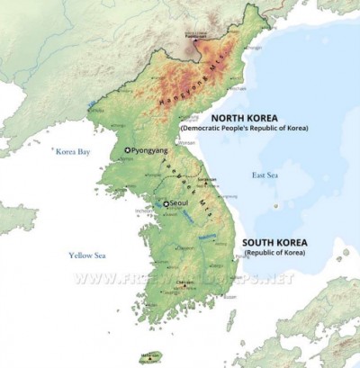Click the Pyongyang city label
(x=152, y=150)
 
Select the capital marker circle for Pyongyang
(x=127, y=150)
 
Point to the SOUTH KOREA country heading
(x=274, y=244)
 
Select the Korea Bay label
(x=73, y=152)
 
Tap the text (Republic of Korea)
(x=274, y=256)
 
